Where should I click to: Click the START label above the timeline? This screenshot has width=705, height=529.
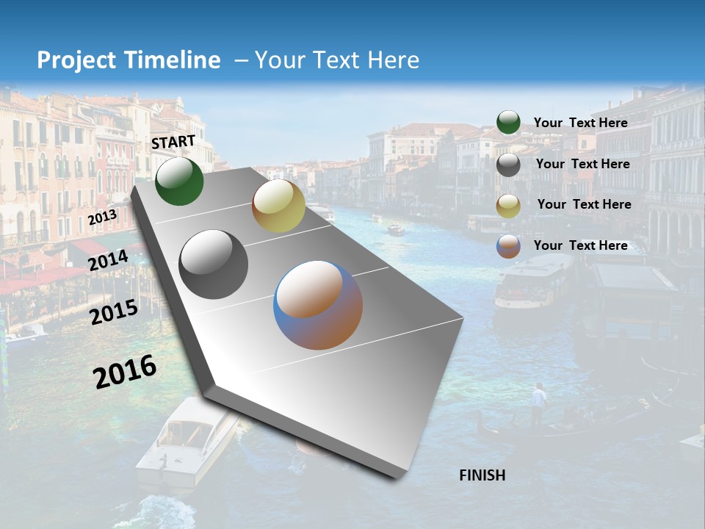pyautogui.click(x=173, y=142)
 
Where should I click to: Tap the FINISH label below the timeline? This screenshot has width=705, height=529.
pyautogui.click(x=482, y=475)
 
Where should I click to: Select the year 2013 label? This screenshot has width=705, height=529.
pyautogui.click(x=102, y=217)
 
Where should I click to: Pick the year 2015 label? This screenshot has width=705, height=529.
pyautogui.click(x=114, y=313)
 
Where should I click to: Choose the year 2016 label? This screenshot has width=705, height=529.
pyautogui.click(x=125, y=372)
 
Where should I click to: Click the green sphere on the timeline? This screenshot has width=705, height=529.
pyautogui.click(x=179, y=181)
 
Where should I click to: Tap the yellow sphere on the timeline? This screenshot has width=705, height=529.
pyautogui.click(x=278, y=206)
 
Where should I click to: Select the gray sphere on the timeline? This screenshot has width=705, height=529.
pyautogui.click(x=213, y=264)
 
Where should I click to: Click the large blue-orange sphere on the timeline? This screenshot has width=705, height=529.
pyautogui.click(x=318, y=305)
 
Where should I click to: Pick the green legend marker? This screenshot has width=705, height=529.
pyautogui.click(x=508, y=123)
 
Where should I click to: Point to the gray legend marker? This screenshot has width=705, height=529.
pyautogui.click(x=508, y=165)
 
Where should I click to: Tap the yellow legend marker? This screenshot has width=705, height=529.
pyautogui.click(x=508, y=206)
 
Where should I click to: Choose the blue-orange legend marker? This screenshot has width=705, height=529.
pyautogui.click(x=508, y=246)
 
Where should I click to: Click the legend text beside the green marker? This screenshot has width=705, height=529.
pyautogui.click(x=580, y=123)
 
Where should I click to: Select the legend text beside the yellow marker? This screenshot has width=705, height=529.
pyautogui.click(x=584, y=204)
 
